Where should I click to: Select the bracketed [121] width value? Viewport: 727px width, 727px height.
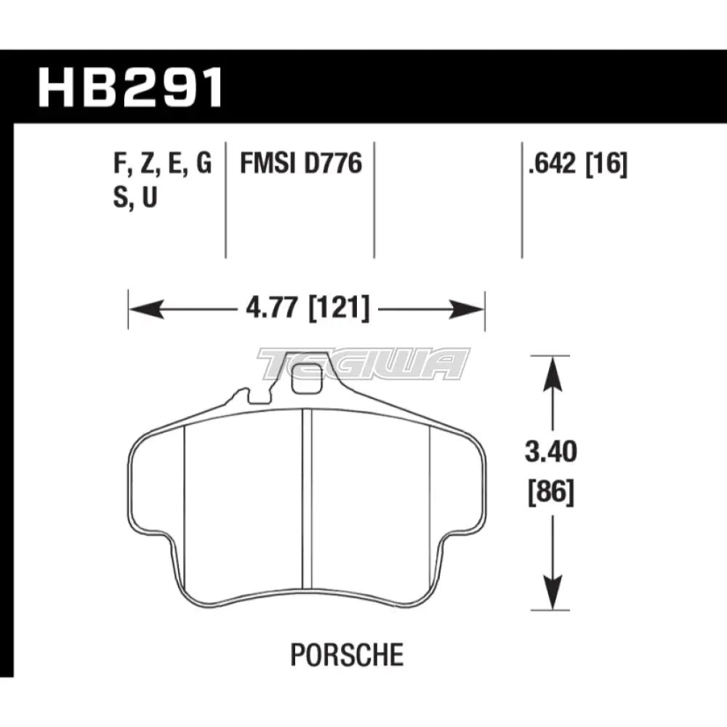click(340, 310)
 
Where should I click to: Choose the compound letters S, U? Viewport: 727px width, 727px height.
click(136, 199)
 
